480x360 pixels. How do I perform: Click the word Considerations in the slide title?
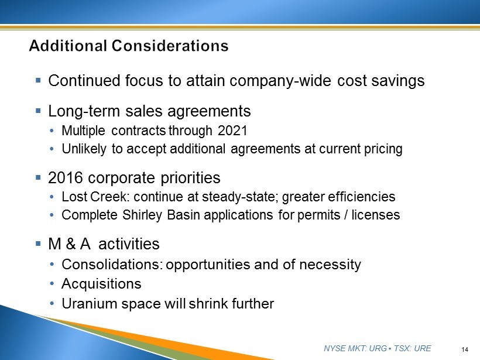(170, 46)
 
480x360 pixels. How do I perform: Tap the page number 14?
(465, 349)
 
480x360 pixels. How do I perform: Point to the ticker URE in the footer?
(423, 348)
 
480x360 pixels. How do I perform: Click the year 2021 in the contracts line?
(232, 131)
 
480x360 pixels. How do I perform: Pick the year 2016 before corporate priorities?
(66, 177)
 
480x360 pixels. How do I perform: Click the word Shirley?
(142, 215)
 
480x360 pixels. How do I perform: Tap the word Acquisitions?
(101, 284)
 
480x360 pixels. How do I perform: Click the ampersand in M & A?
(70, 244)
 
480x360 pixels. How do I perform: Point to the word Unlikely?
(84, 149)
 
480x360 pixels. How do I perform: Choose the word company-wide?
(280, 81)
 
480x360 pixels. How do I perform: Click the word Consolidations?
(112, 265)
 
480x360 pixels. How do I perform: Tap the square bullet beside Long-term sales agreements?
(38, 111)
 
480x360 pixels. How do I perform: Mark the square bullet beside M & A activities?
(38, 244)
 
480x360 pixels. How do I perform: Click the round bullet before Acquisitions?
(52, 284)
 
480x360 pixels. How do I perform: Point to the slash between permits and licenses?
(346, 215)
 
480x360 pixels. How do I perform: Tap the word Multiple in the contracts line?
(84, 131)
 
